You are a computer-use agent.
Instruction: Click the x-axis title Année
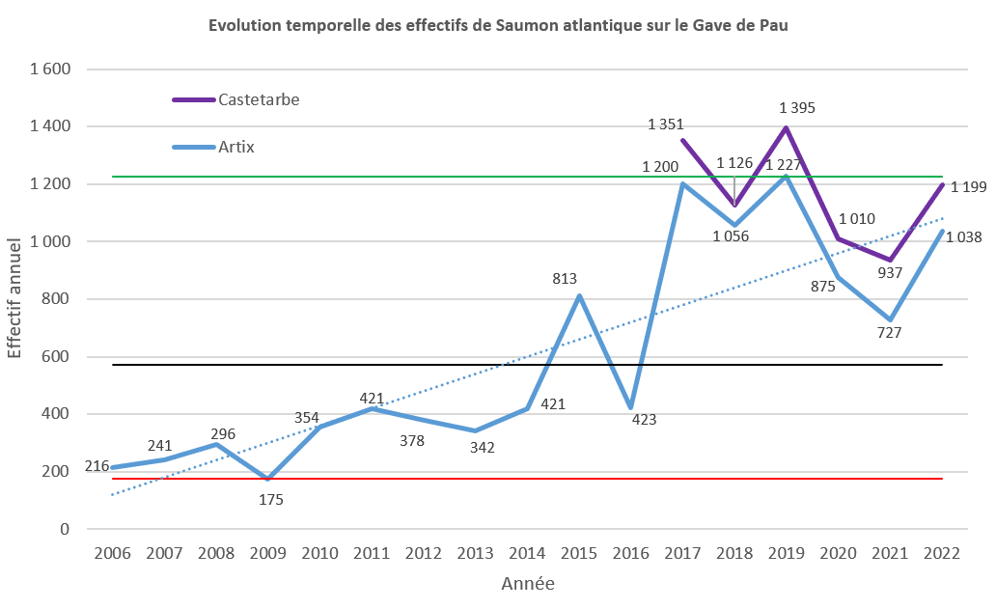tap(528, 584)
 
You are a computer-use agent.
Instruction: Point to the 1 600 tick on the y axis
tap(51, 69)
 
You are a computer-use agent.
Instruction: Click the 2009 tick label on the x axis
tap(268, 553)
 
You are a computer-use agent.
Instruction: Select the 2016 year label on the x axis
tap(631, 553)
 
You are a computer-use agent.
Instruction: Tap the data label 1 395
tap(797, 108)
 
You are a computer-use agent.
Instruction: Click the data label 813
tap(566, 279)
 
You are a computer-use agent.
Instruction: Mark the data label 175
tap(270, 499)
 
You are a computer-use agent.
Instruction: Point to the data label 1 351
tap(666, 124)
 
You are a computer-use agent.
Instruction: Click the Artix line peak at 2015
tap(579, 295)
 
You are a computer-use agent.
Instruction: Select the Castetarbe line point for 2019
tap(787, 128)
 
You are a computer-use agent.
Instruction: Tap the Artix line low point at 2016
tap(631, 407)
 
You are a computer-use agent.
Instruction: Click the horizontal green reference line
tap(386, 177)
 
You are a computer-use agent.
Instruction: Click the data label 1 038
tap(968, 237)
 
